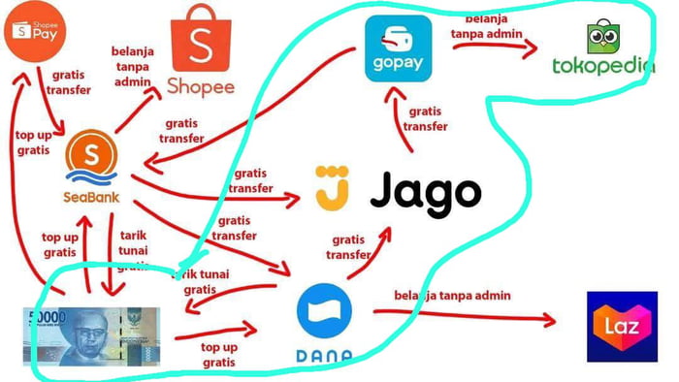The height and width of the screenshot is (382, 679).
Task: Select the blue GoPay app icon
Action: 397,48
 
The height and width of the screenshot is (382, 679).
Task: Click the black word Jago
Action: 425,191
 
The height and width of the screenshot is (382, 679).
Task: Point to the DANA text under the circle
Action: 323,357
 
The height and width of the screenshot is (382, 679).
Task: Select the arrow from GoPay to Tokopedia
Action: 495,45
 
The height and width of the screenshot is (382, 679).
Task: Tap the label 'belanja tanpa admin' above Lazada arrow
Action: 452,295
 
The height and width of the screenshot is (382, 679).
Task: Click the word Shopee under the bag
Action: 203,85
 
